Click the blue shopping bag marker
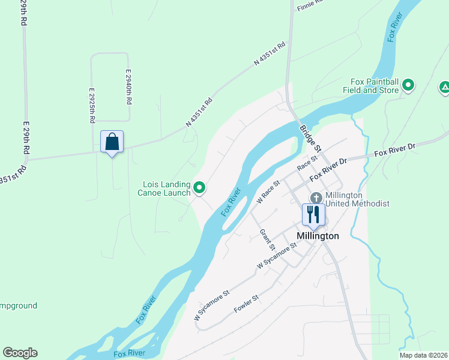[112, 142]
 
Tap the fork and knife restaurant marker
[313, 214]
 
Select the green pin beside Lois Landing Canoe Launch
[200, 188]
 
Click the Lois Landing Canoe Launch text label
[167, 188]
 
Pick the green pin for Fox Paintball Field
[408, 85]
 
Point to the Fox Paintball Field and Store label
[375, 86]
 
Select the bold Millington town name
[318, 236]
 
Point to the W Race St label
[268, 192]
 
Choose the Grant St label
[267, 239]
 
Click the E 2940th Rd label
[128, 86]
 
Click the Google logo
[20, 353]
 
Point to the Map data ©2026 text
[423, 355]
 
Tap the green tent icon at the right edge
[444, 88]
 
